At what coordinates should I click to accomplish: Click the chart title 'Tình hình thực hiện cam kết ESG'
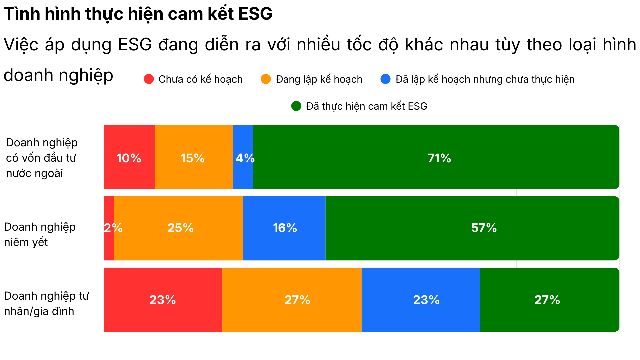tap(138, 14)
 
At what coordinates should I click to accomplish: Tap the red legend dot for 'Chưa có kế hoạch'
tap(149, 79)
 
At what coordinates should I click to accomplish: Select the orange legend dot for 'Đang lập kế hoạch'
tap(266, 79)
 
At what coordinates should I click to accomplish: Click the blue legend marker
tap(385, 79)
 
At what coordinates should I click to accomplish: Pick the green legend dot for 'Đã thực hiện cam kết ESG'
tap(296, 106)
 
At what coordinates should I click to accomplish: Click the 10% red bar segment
tap(129, 157)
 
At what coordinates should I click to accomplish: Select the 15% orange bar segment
tap(194, 157)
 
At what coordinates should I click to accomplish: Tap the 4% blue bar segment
tap(243, 157)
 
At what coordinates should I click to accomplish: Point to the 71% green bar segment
tap(436, 157)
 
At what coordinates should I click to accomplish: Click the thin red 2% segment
tap(109, 228)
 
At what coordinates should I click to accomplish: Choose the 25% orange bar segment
tap(178, 228)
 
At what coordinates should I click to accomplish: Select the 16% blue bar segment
tap(284, 228)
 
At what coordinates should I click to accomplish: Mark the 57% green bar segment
tap(472, 228)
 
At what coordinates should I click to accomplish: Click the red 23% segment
tap(163, 300)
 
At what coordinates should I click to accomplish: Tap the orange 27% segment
tap(292, 300)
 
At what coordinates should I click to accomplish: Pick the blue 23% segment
tap(421, 300)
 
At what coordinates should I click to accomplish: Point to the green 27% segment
tap(549, 300)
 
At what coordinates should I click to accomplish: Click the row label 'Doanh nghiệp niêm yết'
tap(40, 234)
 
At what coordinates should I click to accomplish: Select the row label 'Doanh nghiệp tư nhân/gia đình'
tap(47, 303)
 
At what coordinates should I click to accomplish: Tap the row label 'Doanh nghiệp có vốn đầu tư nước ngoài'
tap(42, 158)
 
